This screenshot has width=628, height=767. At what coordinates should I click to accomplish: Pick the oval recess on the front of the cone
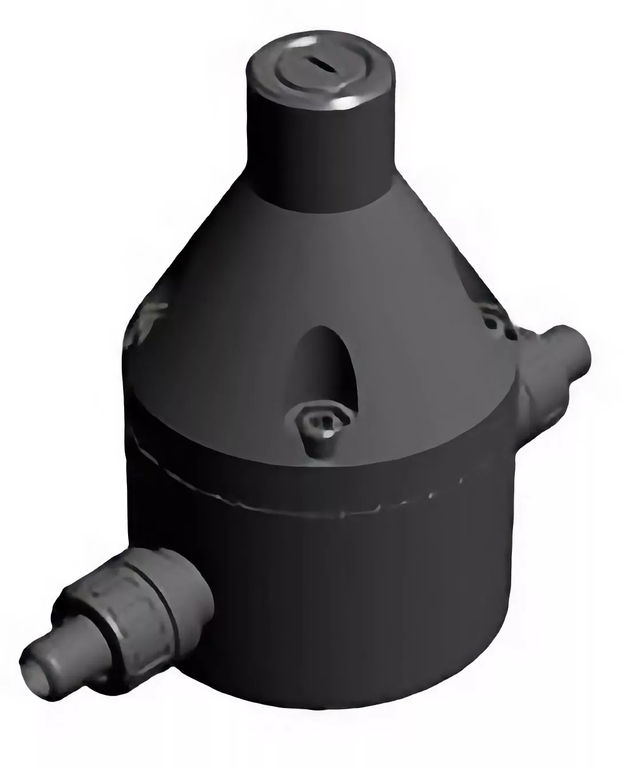pyautogui.click(x=325, y=366)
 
